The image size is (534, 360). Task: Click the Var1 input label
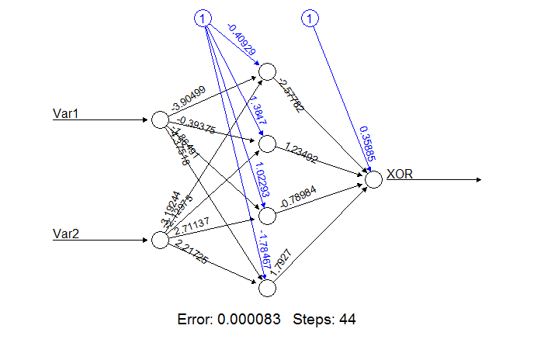tap(67, 114)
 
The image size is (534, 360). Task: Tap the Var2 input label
tap(67, 234)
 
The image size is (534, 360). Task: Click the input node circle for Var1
tap(159, 120)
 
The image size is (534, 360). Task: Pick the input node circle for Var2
tap(159, 240)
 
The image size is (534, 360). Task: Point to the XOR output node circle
tap(373, 180)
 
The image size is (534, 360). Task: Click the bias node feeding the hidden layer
tap(203, 18)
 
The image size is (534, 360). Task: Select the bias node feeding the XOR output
tap(310, 18)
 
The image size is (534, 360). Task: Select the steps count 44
tap(347, 319)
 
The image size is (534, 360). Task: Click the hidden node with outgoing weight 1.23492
tap(267, 144)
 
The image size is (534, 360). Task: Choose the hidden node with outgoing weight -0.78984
tap(267, 216)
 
